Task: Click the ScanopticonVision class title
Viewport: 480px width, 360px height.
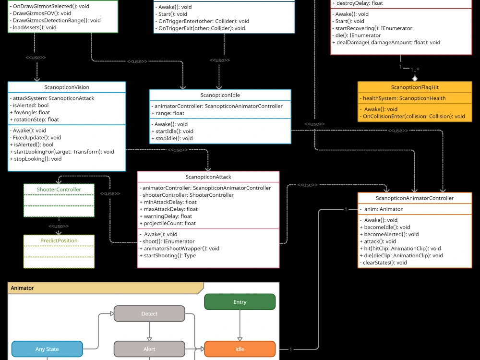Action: pyautogui.click(x=67, y=87)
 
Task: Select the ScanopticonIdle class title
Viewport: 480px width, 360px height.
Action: pyautogui.click(x=220, y=95)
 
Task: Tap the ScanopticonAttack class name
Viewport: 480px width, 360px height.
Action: pyautogui.click(x=208, y=177)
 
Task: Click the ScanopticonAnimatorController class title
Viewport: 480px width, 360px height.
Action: pyautogui.click(x=415, y=198)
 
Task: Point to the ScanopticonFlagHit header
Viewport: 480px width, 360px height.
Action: pyautogui.click(x=415, y=87)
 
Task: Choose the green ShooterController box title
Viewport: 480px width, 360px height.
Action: pyautogui.click(x=59, y=190)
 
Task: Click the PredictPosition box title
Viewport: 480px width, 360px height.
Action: pyautogui.click(x=59, y=240)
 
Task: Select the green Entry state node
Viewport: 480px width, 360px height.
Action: pyautogui.click(x=240, y=302)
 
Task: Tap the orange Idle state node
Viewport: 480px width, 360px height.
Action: pyautogui.click(x=240, y=349)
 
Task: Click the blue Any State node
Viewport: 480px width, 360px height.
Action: pyautogui.click(x=47, y=349)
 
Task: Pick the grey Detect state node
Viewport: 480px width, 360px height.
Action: pyautogui.click(x=149, y=314)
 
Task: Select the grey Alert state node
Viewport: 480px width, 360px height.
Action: pyautogui.click(x=149, y=349)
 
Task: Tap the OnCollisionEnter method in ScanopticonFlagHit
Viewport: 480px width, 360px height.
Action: pyautogui.click(x=414, y=116)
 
